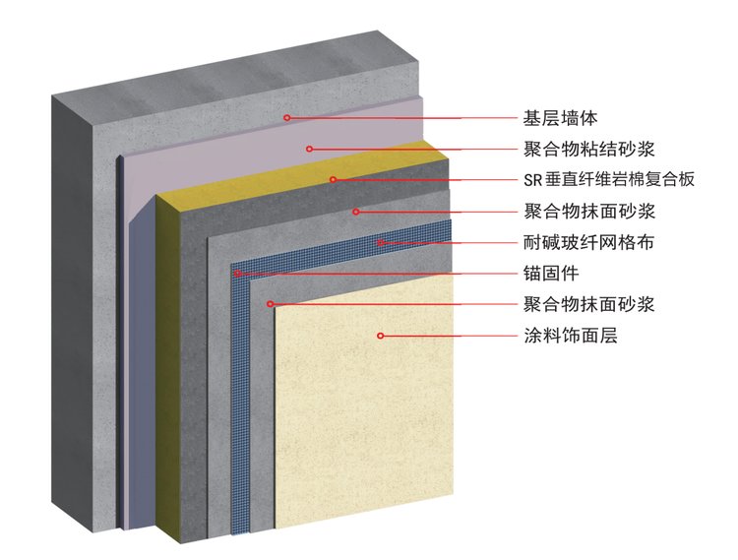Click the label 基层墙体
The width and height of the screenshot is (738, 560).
point(560,118)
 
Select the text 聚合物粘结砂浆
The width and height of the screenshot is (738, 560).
point(588,149)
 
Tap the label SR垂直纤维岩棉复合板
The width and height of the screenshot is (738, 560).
point(609,180)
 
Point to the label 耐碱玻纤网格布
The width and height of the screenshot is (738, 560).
point(588,242)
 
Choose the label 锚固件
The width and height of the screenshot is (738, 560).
point(551,274)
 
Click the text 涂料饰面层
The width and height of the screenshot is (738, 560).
point(570,336)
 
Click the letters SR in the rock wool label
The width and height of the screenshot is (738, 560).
point(532,180)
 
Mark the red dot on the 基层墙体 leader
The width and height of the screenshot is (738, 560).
point(286,118)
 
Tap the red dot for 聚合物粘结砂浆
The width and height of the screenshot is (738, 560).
point(309,149)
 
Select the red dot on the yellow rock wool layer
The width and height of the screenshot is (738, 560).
point(333,179)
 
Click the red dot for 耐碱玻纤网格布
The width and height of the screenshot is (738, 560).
point(380,242)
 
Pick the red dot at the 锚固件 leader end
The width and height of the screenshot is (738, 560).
point(238,274)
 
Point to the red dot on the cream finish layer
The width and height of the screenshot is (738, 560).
point(380,336)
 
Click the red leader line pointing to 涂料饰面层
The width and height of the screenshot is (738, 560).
point(450,336)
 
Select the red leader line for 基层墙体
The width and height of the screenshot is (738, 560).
point(402,118)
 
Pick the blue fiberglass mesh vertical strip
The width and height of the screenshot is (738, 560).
point(240,400)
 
